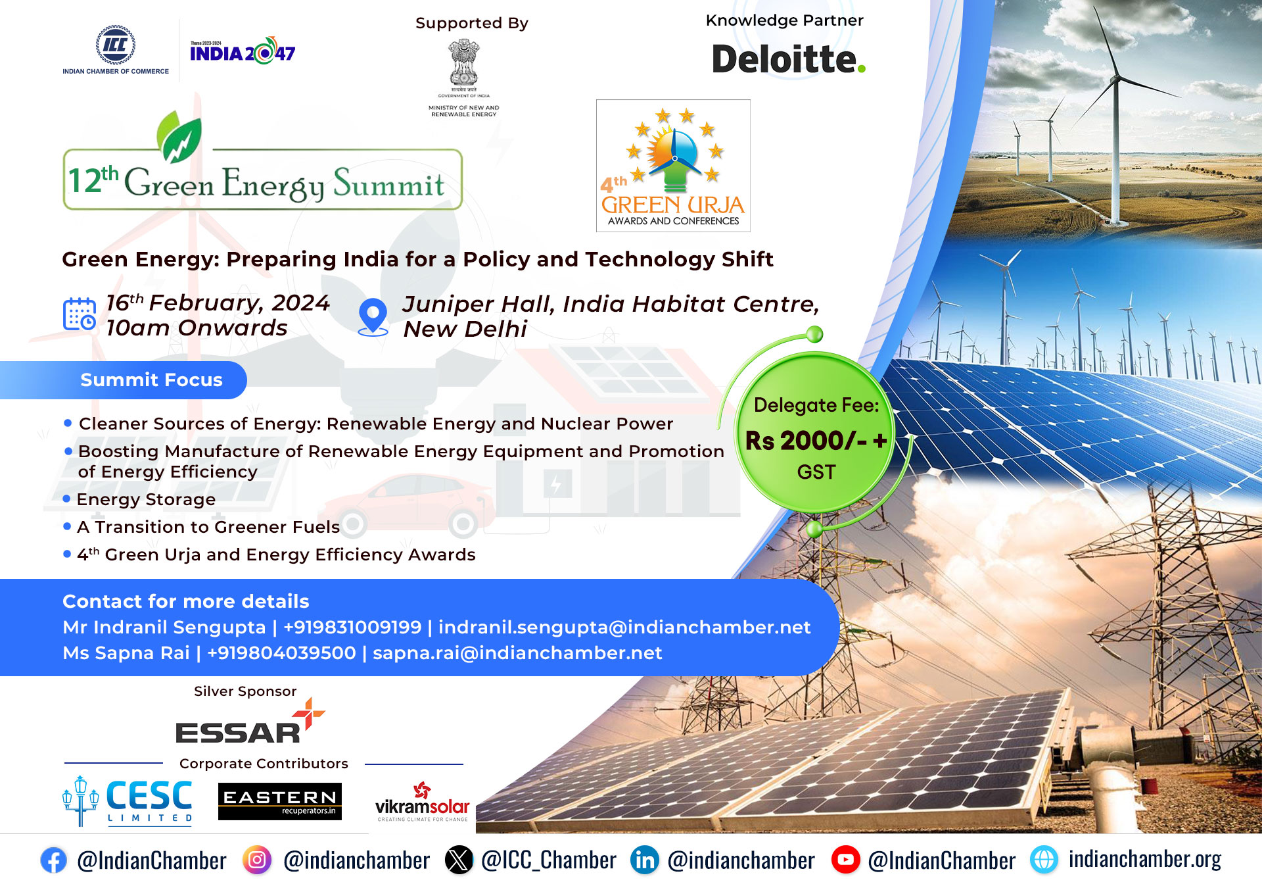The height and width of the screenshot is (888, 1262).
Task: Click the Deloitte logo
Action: click(789, 59)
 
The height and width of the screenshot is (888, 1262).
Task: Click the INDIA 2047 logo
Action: click(243, 51)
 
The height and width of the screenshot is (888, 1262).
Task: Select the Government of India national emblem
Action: click(464, 64)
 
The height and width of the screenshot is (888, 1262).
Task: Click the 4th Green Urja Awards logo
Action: click(673, 166)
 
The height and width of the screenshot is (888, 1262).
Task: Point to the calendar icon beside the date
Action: click(80, 314)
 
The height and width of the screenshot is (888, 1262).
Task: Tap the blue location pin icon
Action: click(373, 317)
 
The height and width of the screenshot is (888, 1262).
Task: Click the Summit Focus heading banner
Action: click(124, 380)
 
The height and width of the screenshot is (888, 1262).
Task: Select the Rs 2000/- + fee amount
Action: click(816, 441)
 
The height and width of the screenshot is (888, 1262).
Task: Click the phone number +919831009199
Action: click(352, 627)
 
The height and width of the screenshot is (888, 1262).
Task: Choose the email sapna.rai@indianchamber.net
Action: click(517, 653)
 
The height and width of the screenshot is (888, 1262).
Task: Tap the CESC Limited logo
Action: click(128, 801)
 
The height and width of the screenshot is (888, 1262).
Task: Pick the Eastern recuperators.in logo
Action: click(280, 801)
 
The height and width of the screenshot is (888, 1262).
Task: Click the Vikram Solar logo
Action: click(423, 802)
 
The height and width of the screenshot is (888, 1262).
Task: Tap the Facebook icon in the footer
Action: click(53, 860)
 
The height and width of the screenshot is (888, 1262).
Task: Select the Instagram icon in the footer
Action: click(257, 860)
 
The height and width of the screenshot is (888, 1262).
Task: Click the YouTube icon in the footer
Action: click(846, 860)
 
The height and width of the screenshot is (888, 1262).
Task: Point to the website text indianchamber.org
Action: click(1144, 859)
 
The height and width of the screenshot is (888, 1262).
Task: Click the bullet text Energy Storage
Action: click(146, 499)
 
